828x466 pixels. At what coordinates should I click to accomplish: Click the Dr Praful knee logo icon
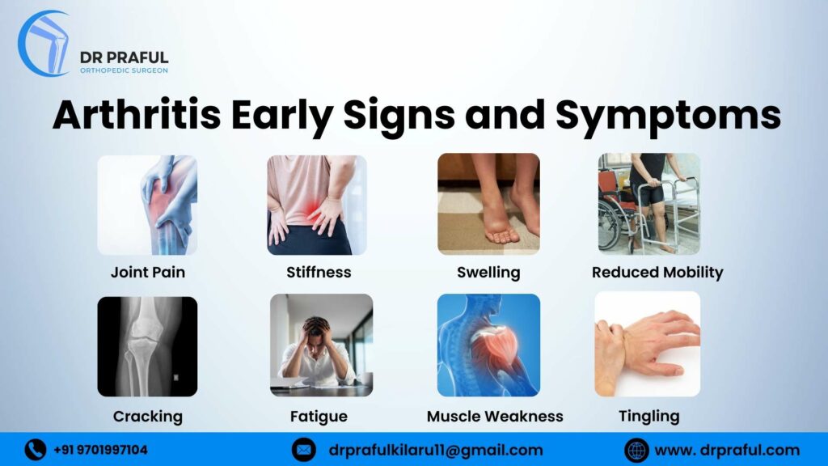[x=44, y=44]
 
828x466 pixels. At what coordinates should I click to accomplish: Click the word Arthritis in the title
[x=137, y=116]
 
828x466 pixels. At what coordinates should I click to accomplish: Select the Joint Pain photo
[x=147, y=205]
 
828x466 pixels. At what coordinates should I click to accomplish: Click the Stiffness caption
[x=319, y=273]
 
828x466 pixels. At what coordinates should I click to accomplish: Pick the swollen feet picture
[x=488, y=205]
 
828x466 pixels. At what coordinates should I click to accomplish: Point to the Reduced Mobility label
[x=657, y=273]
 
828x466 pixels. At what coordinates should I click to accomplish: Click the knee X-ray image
[x=147, y=346]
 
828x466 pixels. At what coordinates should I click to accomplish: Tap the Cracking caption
[x=147, y=417]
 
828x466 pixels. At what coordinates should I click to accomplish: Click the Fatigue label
[x=319, y=417]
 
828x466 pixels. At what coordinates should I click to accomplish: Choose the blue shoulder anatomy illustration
[x=488, y=345]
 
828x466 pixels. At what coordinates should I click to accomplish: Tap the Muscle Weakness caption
[x=495, y=417]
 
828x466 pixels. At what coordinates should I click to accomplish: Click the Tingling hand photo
[x=648, y=345]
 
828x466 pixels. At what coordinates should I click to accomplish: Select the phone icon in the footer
[x=35, y=449]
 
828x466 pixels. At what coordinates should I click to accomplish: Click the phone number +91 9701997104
[x=100, y=450]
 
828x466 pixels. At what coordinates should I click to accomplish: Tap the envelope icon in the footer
[x=303, y=449]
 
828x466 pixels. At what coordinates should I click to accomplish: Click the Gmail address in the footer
[x=436, y=450]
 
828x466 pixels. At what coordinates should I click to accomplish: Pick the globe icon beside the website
[x=636, y=449]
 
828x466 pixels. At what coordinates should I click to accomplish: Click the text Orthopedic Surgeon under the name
[x=124, y=70]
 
